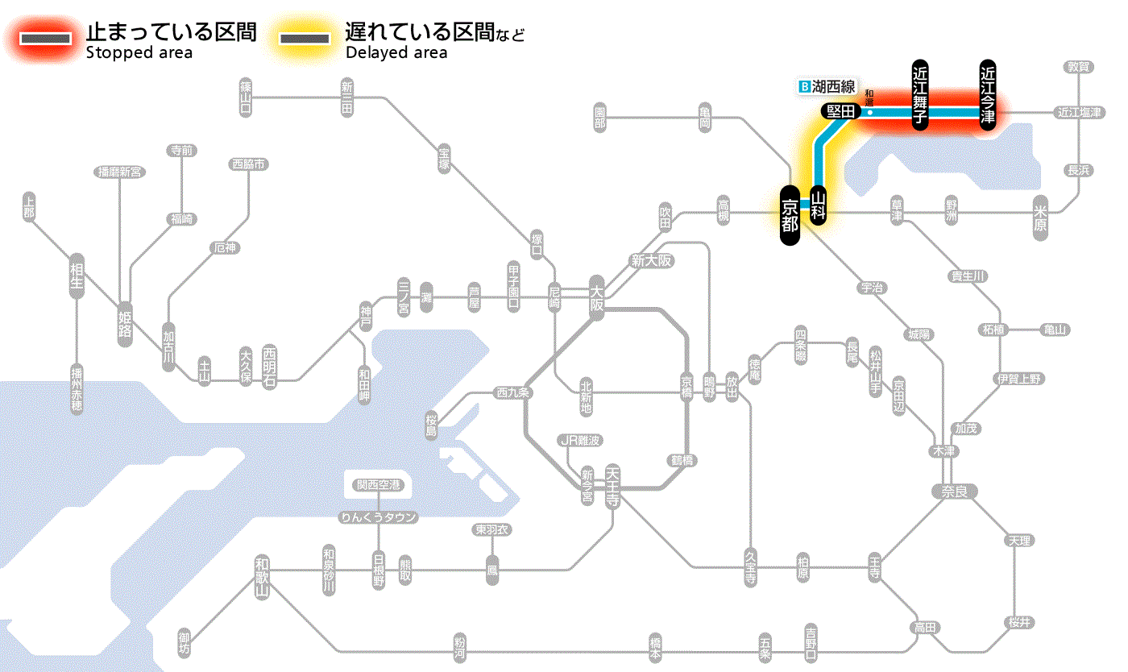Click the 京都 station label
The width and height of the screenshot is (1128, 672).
(790, 215)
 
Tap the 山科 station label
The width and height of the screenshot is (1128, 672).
(819, 206)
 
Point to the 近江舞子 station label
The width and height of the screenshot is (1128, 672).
(920, 94)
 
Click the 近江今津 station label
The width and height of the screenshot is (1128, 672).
(988, 94)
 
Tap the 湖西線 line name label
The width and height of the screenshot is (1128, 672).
(833, 85)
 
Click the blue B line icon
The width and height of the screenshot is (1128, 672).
(802, 85)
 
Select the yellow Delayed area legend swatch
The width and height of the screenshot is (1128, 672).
(305, 38)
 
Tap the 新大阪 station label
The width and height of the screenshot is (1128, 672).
(651, 260)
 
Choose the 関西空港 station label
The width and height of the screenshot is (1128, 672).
(378, 485)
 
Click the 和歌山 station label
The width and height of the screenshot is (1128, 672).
(262, 578)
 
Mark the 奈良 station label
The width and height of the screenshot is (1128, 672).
(953, 490)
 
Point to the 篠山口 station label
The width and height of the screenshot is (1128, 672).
(246, 95)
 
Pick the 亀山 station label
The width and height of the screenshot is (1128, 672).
(1055, 330)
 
